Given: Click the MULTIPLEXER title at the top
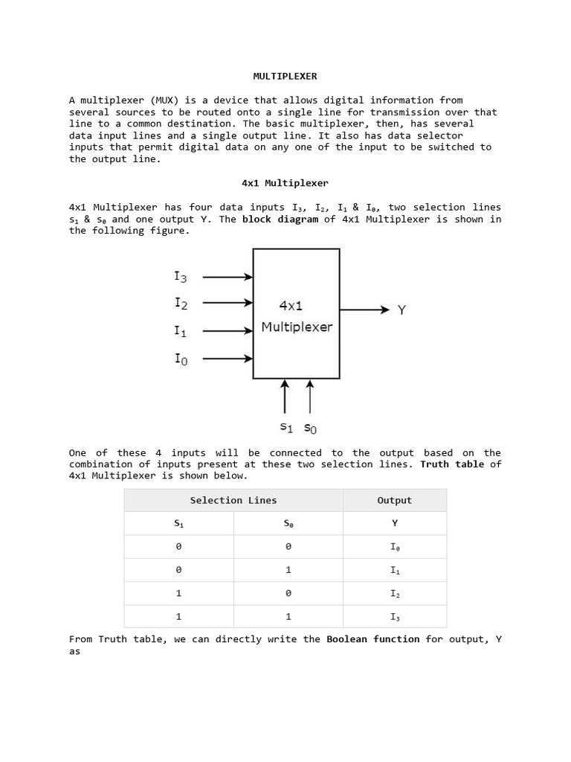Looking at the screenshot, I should (x=285, y=76).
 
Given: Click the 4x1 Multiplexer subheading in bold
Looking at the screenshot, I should (x=285, y=183).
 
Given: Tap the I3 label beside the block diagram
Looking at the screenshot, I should (x=181, y=277).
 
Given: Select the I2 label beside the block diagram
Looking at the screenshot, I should (x=181, y=303).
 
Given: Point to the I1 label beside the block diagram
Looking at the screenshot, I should (x=181, y=331).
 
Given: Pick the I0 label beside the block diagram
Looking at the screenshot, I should (x=181, y=359).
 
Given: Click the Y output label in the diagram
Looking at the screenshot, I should (x=401, y=310).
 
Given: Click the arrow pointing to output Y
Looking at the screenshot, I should (x=364, y=310).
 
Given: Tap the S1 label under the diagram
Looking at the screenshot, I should (x=286, y=427).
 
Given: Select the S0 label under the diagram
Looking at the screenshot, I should (x=310, y=428).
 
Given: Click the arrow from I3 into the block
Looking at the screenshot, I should (x=228, y=277).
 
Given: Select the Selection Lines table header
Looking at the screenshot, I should (x=233, y=501).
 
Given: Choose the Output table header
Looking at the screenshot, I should (x=394, y=501).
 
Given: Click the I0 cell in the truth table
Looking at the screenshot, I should (x=395, y=547).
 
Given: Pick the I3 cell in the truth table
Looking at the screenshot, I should (x=395, y=617).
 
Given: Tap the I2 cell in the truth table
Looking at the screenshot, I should (x=395, y=594).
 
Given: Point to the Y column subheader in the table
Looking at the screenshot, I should (x=395, y=523).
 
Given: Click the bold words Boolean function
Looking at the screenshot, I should (x=373, y=639).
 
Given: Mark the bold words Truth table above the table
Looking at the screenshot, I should (x=452, y=464).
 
